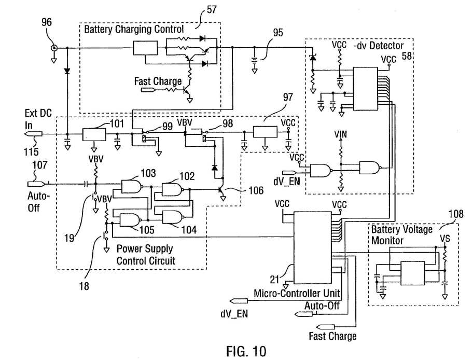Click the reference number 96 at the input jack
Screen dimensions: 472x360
click(x=47, y=22)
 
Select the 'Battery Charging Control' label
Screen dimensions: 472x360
click(x=134, y=29)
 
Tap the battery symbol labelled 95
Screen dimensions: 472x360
click(x=254, y=60)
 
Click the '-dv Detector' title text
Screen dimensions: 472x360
click(x=379, y=46)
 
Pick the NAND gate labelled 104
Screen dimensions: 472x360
click(x=173, y=217)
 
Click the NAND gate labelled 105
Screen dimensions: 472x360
click(x=130, y=220)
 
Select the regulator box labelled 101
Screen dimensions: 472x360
click(x=94, y=134)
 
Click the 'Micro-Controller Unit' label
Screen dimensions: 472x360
click(x=297, y=293)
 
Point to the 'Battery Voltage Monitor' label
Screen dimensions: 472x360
click(x=401, y=235)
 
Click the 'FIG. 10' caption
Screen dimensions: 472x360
click(x=246, y=351)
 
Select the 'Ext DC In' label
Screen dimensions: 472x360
click(x=38, y=119)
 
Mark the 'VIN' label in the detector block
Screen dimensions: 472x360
click(x=340, y=134)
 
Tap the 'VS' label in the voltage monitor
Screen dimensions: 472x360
click(x=445, y=239)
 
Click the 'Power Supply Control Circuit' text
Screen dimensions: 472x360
click(x=146, y=255)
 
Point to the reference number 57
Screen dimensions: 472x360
click(x=212, y=9)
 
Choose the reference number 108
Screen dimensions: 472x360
click(x=456, y=214)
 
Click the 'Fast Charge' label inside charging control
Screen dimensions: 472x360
click(x=158, y=81)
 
